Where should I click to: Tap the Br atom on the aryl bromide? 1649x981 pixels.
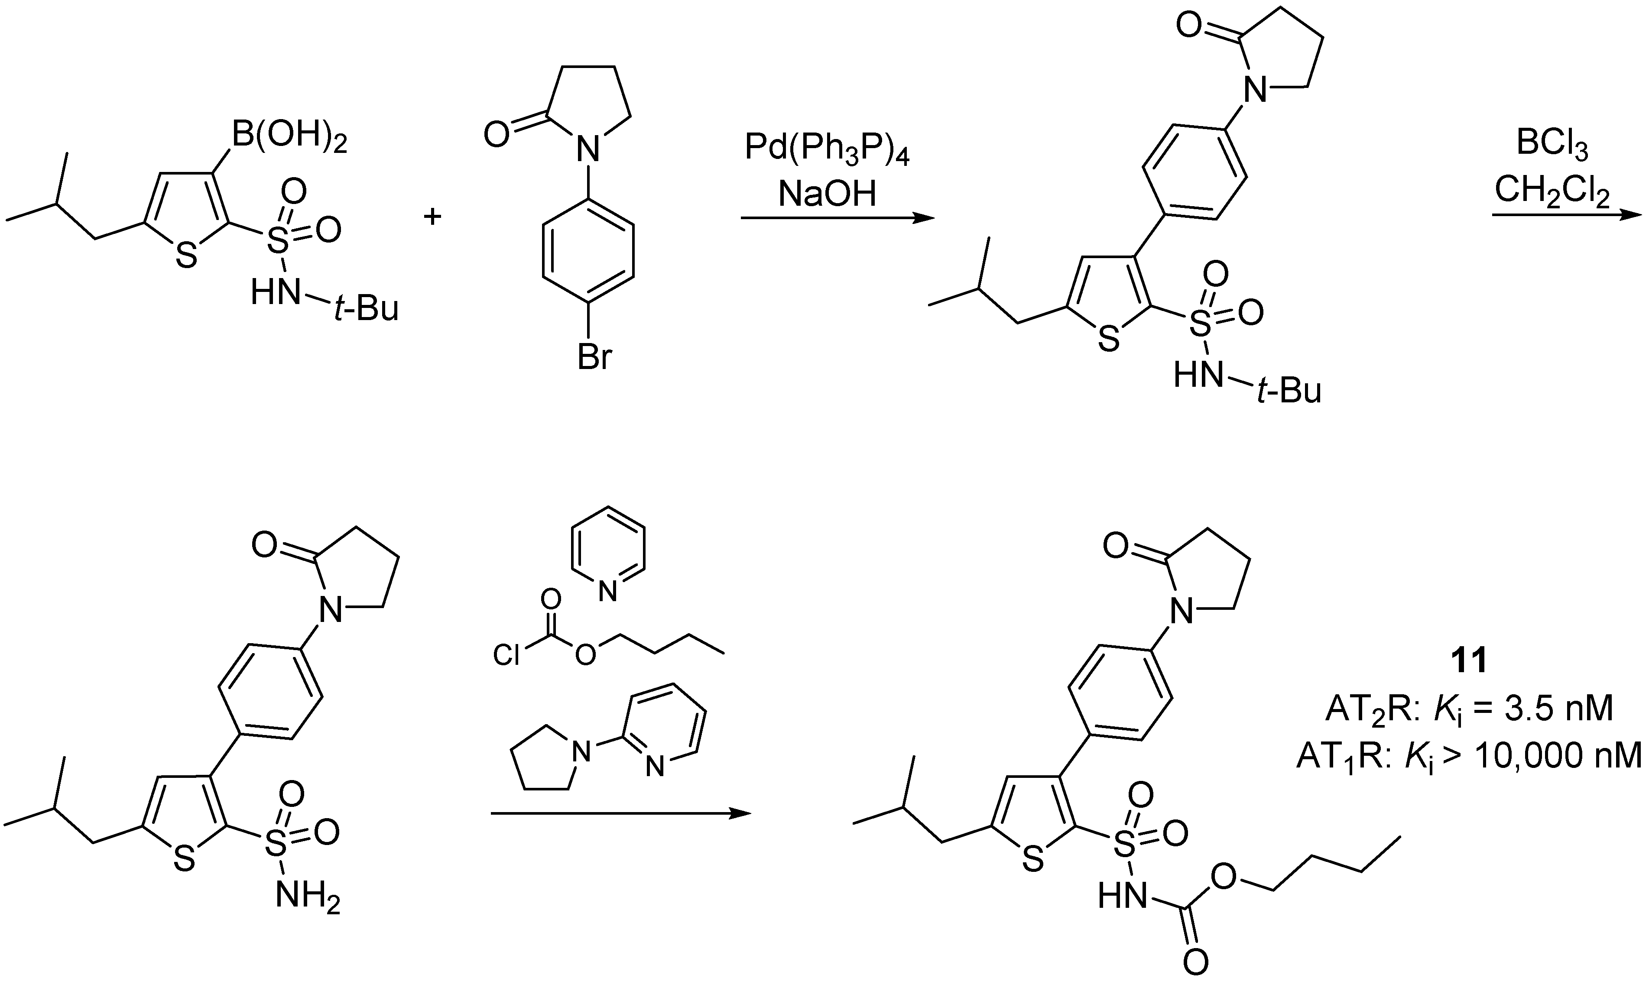[594, 358]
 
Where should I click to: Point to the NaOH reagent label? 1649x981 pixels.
[827, 194]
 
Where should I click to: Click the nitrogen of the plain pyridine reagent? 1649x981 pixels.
[607, 590]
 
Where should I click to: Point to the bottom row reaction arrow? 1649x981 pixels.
[621, 814]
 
